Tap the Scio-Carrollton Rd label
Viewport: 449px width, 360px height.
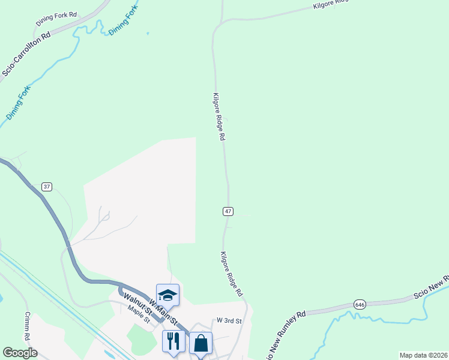point(26,53)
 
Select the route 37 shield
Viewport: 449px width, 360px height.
point(47,187)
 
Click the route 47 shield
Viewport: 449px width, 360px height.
point(228,211)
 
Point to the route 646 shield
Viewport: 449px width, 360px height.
point(360,304)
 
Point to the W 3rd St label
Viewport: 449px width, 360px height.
point(229,321)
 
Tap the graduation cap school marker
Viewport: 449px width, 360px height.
point(168,295)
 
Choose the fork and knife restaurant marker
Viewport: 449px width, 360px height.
point(173,341)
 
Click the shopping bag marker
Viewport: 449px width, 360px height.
point(200,343)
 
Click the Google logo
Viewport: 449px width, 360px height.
point(20,353)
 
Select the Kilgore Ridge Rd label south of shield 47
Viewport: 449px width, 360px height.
point(231,274)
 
